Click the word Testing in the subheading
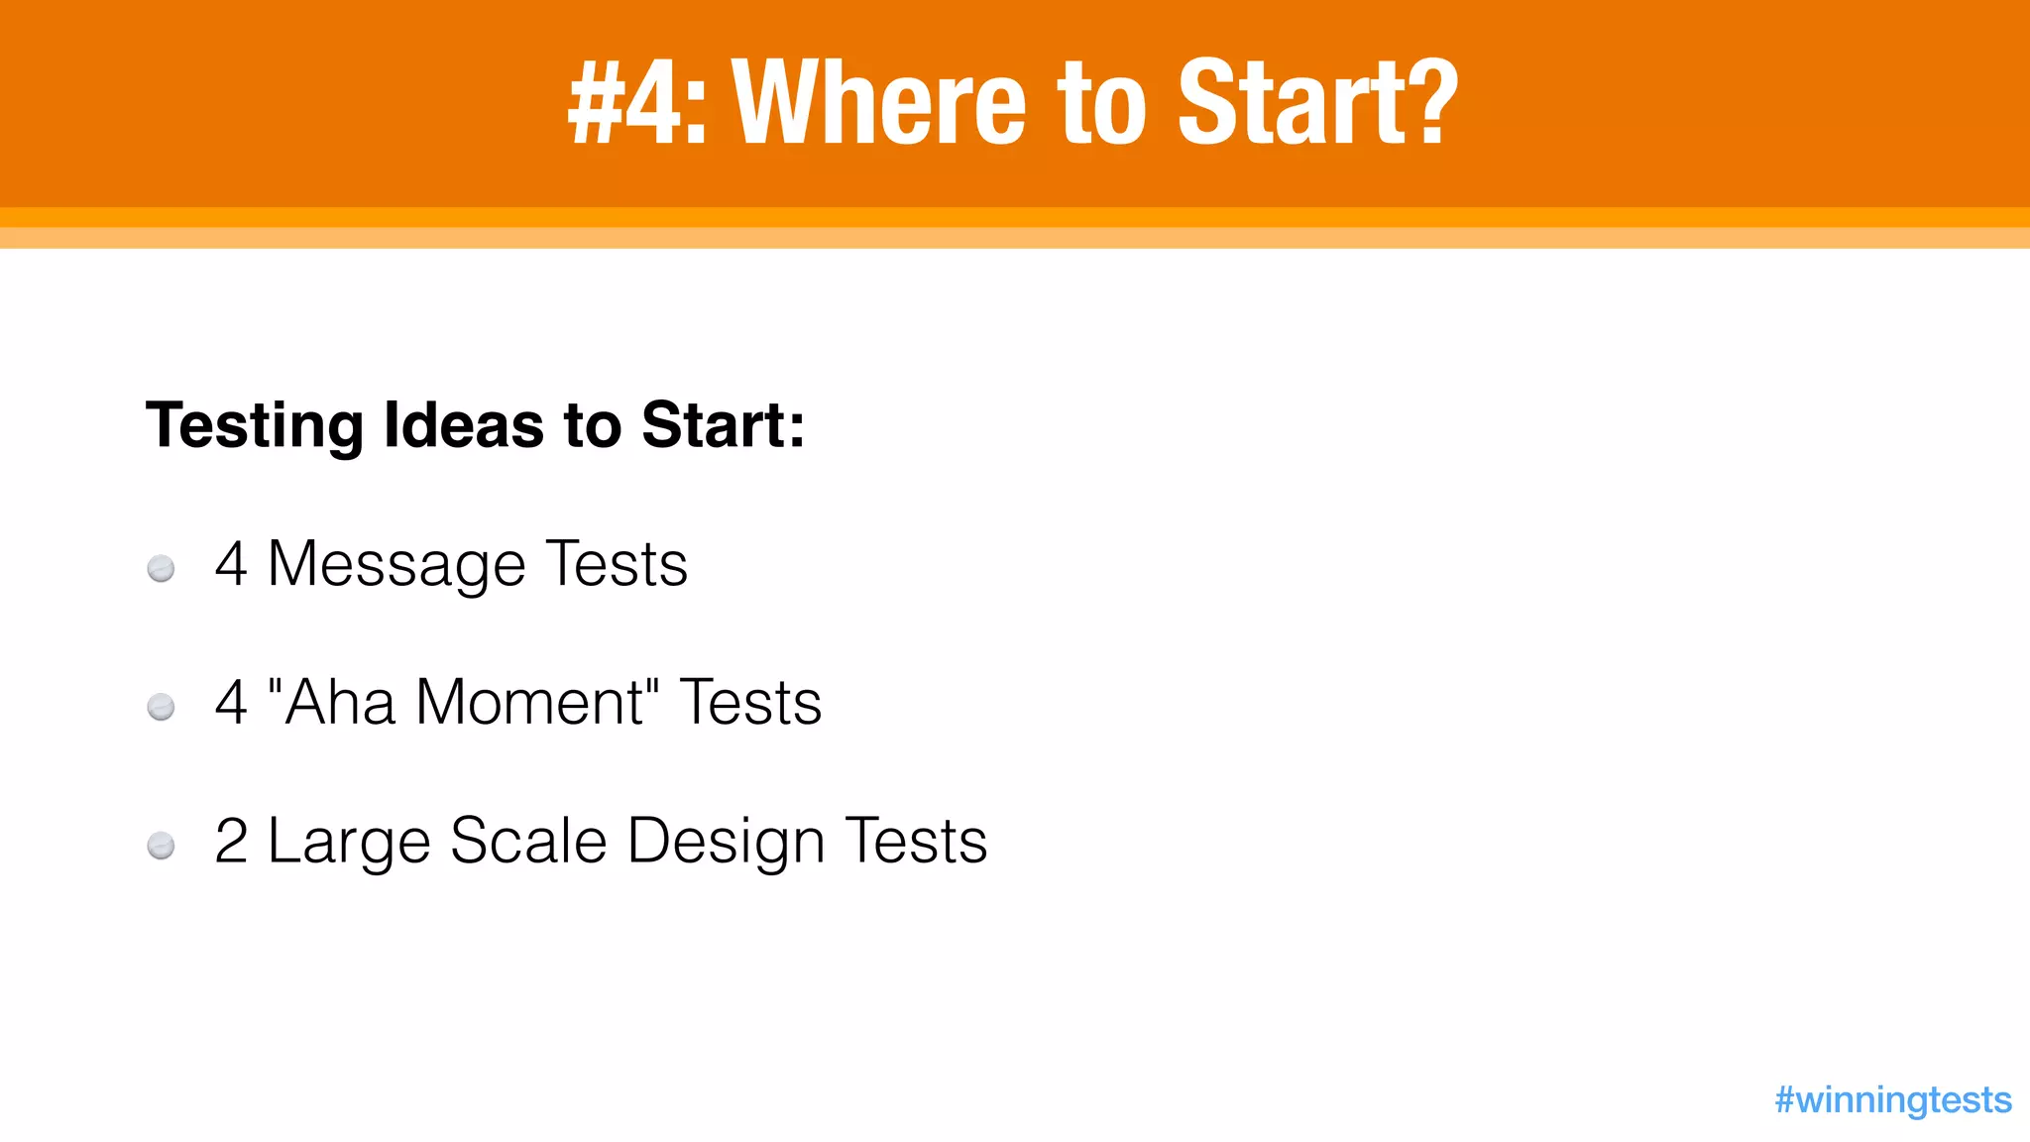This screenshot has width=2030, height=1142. click(x=255, y=426)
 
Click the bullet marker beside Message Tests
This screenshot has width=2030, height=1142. click(x=161, y=569)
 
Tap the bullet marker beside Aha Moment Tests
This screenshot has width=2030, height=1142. click(x=161, y=707)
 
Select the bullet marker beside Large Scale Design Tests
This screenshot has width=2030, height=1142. click(x=161, y=846)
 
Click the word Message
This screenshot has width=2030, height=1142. click(x=396, y=566)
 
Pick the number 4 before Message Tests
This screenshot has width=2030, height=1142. click(x=231, y=564)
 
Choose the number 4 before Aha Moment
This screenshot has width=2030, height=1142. click(x=231, y=703)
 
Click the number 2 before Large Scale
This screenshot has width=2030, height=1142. click(x=231, y=842)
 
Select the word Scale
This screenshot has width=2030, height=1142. click(x=527, y=842)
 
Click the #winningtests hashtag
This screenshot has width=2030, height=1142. click(x=1892, y=1099)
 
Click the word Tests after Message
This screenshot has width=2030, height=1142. click(x=617, y=564)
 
